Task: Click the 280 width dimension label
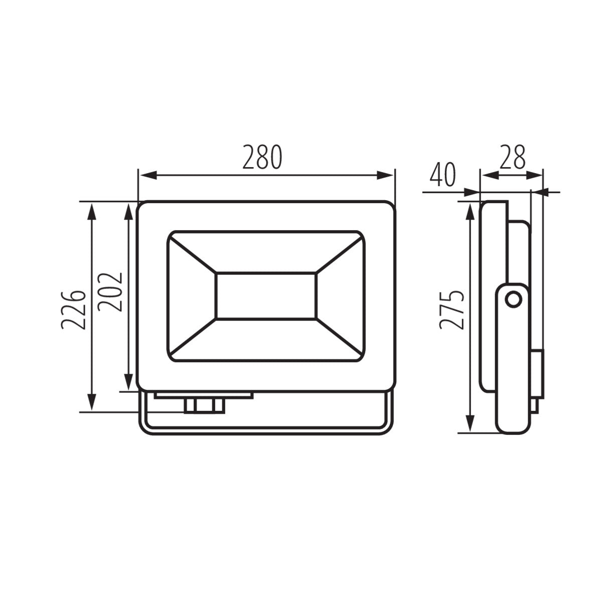(263, 158)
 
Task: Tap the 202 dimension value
(110, 292)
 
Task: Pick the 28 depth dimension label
(512, 158)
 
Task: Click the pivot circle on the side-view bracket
(513, 300)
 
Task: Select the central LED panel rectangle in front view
(266, 296)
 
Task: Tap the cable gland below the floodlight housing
(204, 405)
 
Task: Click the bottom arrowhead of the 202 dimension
(129, 382)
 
